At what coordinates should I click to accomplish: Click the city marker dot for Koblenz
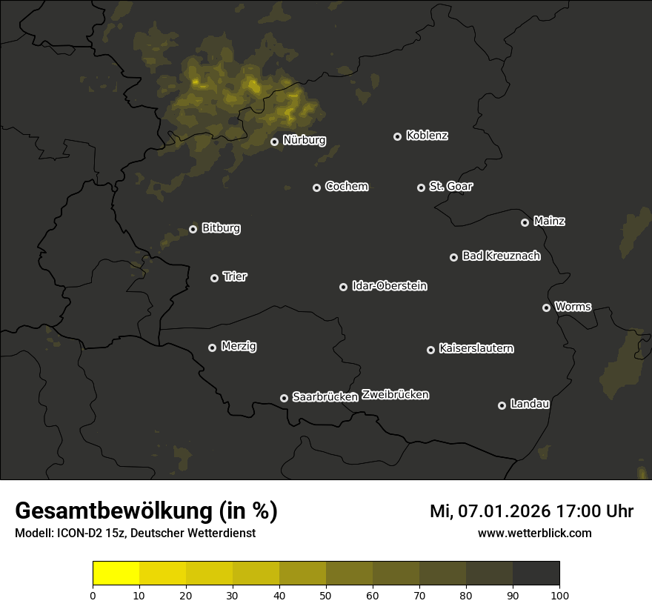pyautogui.click(x=397, y=136)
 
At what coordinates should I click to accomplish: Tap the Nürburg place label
pyautogui.click(x=304, y=140)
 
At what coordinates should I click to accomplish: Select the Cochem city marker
pyautogui.click(x=316, y=187)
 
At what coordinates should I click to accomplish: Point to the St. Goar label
pyautogui.click(x=450, y=187)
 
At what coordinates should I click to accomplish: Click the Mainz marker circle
pyautogui.click(x=525, y=222)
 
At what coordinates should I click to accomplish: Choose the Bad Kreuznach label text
pyautogui.click(x=501, y=256)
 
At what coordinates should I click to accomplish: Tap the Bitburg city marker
pyautogui.click(x=193, y=229)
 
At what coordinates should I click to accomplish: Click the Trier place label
pyautogui.click(x=235, y=277)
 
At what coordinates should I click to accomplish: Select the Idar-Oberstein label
pyautogui.click(x=389, y=286)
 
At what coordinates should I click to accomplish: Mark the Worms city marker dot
pyautogui.click(x=546, y=307)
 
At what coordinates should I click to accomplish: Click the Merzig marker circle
pyautogui.click(x=212, y=348)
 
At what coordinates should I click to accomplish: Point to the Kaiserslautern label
pyautogui.click(x=476, y=348)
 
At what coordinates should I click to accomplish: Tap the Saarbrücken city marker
pyautogui.click(x=284, y=398)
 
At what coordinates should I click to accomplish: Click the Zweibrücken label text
pyautogui.click(x=395, y=395)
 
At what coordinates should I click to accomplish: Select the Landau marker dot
pyautogui.click(x=502, y=405)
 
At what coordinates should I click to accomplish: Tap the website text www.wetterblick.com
pyautogui.click(x=534, y=533)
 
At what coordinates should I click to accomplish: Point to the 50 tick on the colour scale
pyautogui.click(x=326, y=594)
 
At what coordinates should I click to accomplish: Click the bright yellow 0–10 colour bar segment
pyautogui.click(x=116, y=574)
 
